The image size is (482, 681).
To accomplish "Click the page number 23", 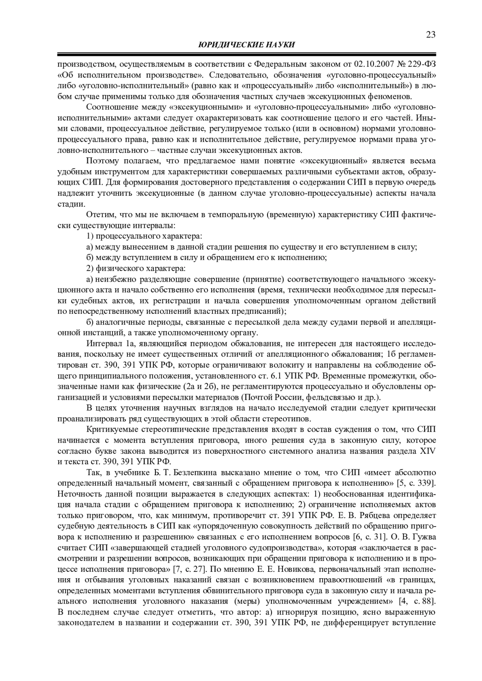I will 431,35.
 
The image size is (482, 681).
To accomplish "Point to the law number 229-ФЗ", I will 421,64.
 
